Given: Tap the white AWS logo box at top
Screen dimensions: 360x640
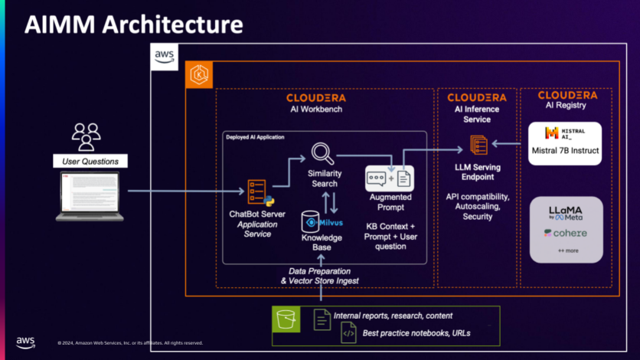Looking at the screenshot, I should pos(165,56).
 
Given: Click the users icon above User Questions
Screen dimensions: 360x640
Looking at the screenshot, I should pos(86,136).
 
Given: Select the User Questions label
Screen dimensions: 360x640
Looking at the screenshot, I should pos(90,162).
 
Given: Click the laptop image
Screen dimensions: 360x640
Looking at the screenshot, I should pos(90,196).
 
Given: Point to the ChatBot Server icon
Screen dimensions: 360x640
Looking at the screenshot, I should pos(256,191).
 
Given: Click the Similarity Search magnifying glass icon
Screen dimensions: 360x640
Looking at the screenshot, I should pos(323,154).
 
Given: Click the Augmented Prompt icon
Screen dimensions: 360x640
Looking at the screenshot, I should pos(390,178).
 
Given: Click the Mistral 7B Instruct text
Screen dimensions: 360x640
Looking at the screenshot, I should pos(565,150).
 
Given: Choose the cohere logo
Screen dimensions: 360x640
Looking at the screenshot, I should pos(566,233).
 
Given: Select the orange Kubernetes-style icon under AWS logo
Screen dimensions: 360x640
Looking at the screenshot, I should pos(200,76).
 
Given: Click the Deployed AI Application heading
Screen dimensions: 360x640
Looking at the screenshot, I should pos(255,137).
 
